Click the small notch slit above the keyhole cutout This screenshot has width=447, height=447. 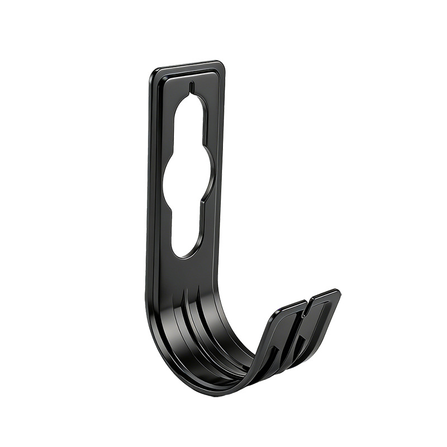coord(191,87)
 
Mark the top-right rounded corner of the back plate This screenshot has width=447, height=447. coord(221,65)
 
